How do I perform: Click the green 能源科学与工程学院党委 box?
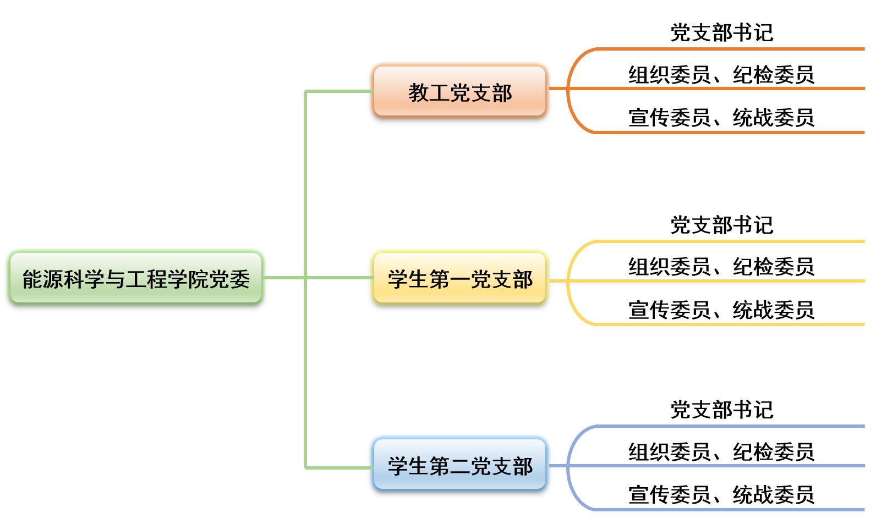tap(135, 278)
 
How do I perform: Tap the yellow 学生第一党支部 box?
tap(459, 278)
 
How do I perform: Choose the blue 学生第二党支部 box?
tap(459, 465)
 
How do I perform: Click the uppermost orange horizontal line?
tap(726, 49)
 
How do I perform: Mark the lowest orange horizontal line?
tap(726, 133)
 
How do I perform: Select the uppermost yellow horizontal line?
tap(726, 241)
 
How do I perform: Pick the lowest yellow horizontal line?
tap(726, 324)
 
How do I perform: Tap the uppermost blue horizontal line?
tap(726, 426)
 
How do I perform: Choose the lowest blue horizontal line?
tap(726, 510)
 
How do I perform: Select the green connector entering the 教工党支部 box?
tap(338, 91)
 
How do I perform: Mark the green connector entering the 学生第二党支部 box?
tap(338, 468)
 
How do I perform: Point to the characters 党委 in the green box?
tap(229, 279)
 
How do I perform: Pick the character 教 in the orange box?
tap(418, 93)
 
